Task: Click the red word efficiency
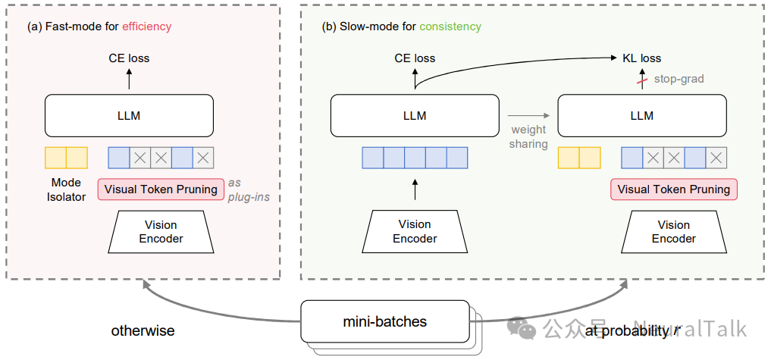pos(147,27)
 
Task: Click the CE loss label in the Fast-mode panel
pos(129,58)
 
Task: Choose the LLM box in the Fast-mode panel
pos(129,116)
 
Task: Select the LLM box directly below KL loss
pos(642,116)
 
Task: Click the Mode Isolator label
pos(66,189)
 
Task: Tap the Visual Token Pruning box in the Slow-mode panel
pos(674,189)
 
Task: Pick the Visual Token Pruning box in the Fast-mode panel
pos(161,189)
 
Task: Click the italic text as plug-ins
pos(250,189)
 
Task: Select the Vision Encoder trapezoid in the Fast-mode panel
pos(161,231)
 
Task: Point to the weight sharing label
pos(528,137)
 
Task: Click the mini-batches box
pos(384,321)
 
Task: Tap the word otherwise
pos(143,330)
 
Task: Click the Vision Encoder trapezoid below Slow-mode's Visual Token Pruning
pos(674,231)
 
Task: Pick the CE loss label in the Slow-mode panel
pos(415,58)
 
